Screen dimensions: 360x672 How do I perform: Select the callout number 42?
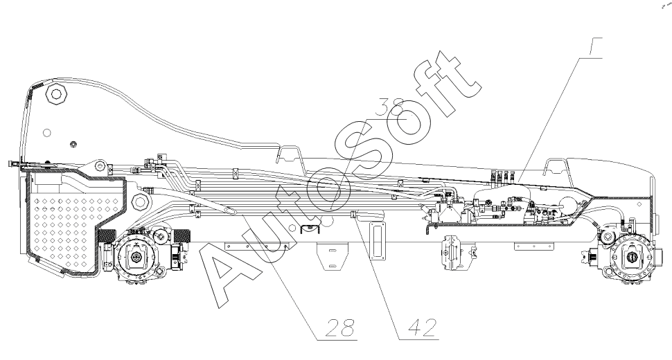point(418,326)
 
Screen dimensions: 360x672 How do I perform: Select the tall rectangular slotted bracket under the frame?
point(377,241)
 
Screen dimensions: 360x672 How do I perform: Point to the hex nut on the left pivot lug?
point(100,167)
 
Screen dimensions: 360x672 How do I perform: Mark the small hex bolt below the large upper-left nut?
point(73,144)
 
